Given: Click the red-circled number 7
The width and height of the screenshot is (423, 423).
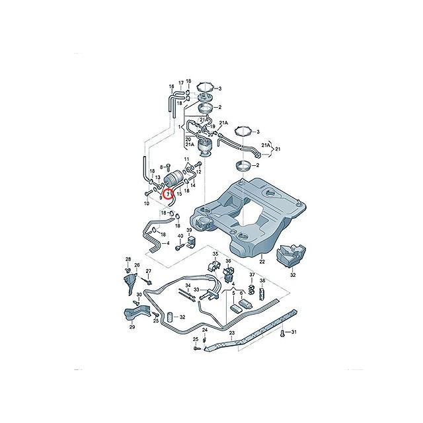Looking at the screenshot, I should tap(169, 194).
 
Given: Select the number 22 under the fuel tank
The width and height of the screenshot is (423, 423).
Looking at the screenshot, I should tap(261, 262).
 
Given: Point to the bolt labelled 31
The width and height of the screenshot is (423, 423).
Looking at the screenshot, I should tap(284, 334).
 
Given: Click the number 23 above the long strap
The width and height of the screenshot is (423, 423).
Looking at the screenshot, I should tap(232, 334).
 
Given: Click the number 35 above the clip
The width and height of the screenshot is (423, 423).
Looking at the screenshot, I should tap(215, 254).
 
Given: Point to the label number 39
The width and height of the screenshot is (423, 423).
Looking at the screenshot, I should tap(188, 231).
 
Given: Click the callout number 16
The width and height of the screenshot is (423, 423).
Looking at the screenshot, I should tap(171, 87).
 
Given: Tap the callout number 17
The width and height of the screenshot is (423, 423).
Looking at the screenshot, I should tap(180, 83).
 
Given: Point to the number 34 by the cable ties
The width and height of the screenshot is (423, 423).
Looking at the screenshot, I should tap(188, 286).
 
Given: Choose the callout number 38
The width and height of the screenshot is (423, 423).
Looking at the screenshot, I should tap(262, 281).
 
